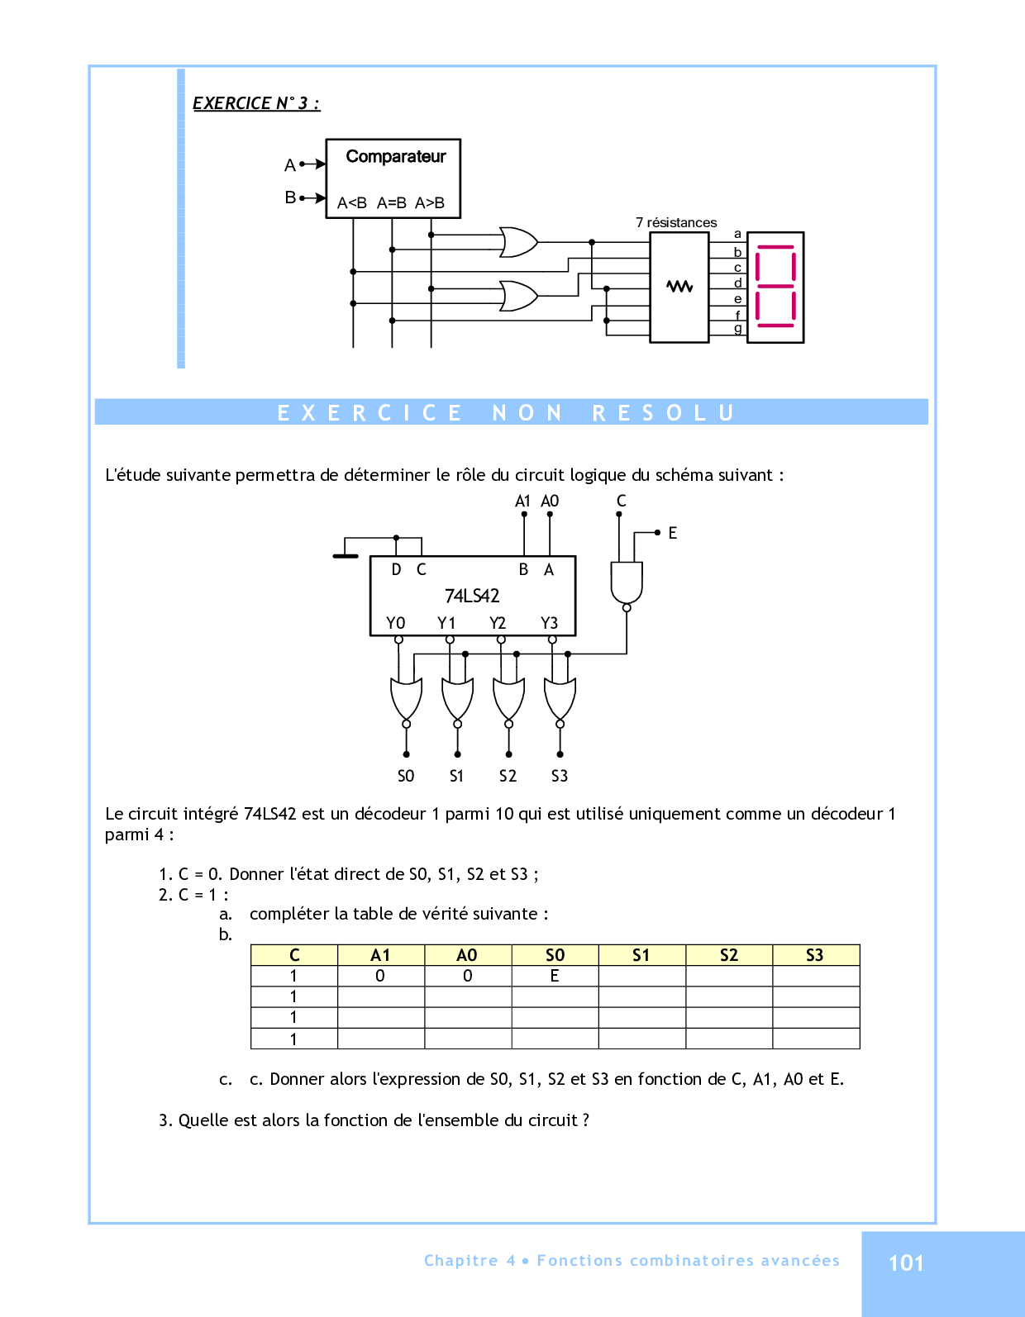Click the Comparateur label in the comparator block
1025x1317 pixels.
point(395,157)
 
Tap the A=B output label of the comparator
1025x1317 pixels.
point(392,203)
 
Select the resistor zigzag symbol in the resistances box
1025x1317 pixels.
point(679,287)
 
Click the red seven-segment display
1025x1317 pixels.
point(775,287)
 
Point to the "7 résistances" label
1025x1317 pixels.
point(676,223)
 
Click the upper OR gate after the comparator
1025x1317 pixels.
point(518,242)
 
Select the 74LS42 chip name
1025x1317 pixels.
point(472,596)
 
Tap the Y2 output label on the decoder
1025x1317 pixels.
point(498,623)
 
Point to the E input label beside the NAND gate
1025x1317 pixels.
point(673,534)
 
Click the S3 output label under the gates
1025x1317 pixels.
point(560,776)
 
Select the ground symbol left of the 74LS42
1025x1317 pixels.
point(346,556)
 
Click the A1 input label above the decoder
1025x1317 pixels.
point(522,502)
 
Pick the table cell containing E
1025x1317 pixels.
point(555,976)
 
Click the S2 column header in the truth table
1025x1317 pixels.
point(728,955)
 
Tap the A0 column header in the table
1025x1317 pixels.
point(467,955)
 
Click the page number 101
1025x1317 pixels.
point(906,1262)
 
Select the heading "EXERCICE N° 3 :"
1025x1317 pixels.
point(256,103)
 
